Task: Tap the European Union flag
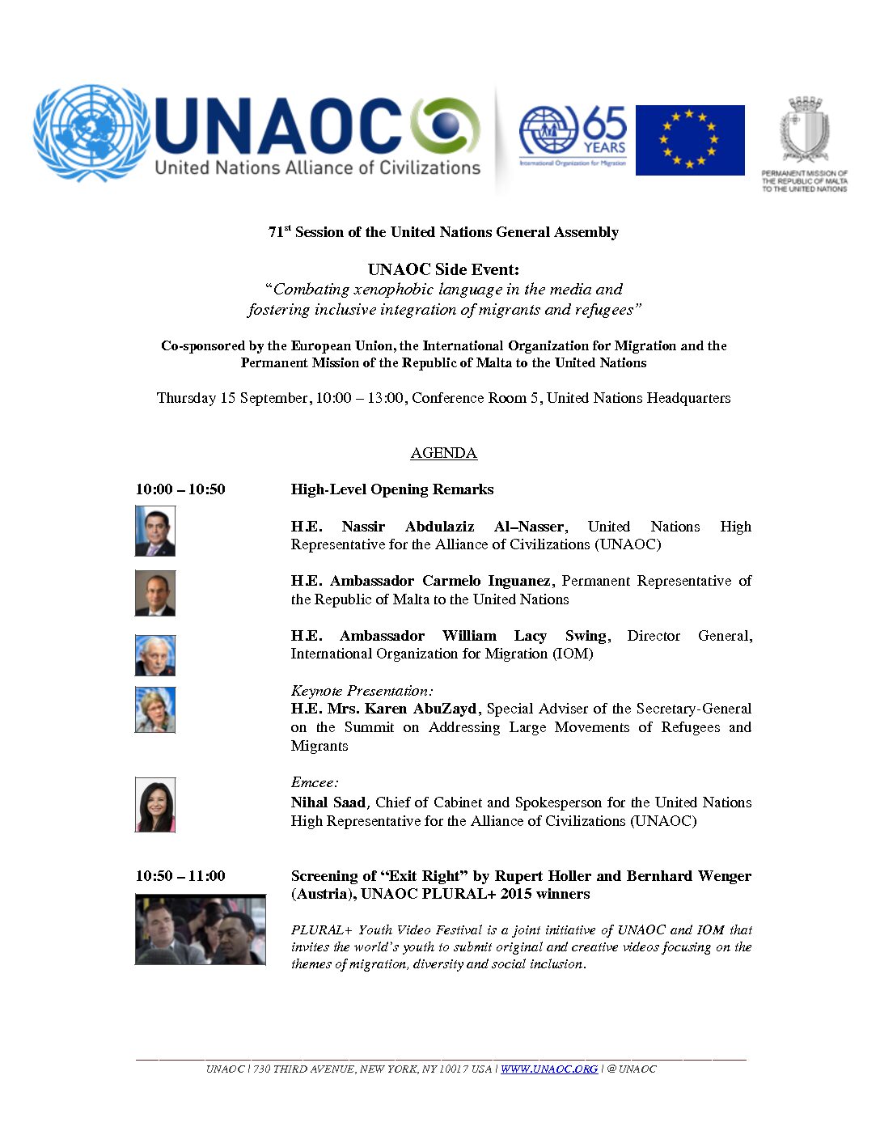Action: coord(689,140)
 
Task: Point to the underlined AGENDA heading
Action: coord(443,453)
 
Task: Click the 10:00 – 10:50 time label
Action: coord(180,489)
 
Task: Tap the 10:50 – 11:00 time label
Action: coord(180,876)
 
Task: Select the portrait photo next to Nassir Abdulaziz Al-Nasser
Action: coord(154,531)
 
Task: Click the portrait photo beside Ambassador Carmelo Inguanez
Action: coord(154,593)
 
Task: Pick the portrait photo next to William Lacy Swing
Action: coord(154,655)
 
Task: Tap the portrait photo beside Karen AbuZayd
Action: coord(154,710)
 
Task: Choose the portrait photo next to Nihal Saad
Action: coord(154,805)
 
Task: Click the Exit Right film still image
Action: coord(200,929)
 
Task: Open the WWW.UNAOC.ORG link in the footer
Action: coord(549,1069)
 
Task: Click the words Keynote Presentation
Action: coord(362,691)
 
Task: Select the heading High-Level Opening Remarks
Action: coord(392,489)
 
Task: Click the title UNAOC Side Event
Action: coord(443,269)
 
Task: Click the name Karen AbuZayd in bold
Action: coord(421,709)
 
